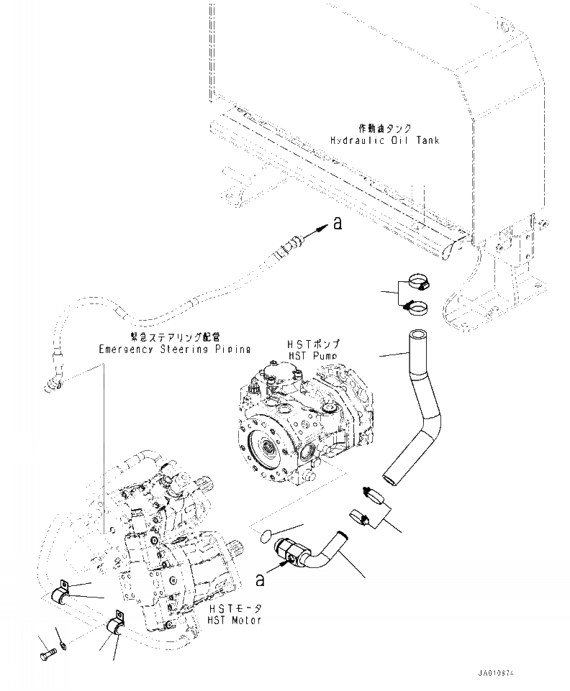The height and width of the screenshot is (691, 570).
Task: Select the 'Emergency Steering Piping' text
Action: (x=175, y=349)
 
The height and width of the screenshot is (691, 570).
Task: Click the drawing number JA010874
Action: (x=495, y=674)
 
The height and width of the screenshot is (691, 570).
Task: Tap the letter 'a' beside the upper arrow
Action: (x=337, y=225)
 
